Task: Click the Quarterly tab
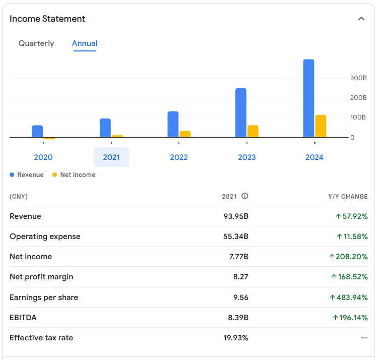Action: click(x=36, y=43)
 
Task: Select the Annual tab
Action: click(x=85, y=43)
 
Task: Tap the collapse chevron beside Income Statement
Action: click(x=361, y=19)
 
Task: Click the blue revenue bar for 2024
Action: click(x=308, y=98)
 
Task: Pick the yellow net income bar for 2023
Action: click(x=253, y=131)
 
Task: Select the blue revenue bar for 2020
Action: click(x=37, y=131)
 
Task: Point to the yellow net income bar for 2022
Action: click(x=185, y=134)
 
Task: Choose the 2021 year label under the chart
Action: click(x=111, y=157)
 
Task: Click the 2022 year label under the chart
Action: click(x=179, y=157)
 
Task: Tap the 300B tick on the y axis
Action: click(x=358, y=78)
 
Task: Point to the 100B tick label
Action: click(x=358, y=117)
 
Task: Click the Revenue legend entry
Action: click(x=27, y=175)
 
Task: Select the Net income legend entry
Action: click(x=74, y=175)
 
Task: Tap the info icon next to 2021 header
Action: click(x=245, y=196)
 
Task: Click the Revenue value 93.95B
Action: click(x=236, y=216)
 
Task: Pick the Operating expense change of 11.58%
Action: click(x=352, y=236)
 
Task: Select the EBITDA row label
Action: click(x=23, y=318)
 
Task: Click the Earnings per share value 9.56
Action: click(x=241, y=297)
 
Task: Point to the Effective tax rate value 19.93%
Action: click(x=236, y=338)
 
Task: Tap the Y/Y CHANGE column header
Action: click(x=348, y=197)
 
